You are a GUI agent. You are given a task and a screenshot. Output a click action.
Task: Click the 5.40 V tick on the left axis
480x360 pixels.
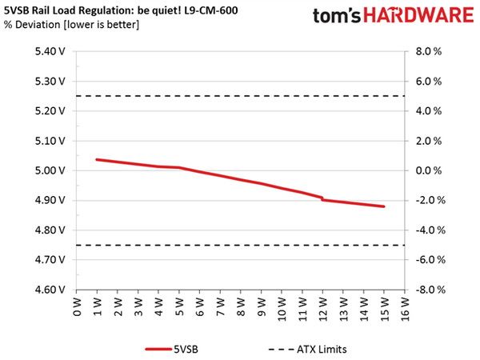pyautogui.click(x=50, y=51)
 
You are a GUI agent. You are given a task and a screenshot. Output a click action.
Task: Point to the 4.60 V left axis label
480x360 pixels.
pyautogui.click(x=50, y=290)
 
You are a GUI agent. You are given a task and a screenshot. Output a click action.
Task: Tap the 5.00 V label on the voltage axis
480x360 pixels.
pyautogui.click(x=50, y=170)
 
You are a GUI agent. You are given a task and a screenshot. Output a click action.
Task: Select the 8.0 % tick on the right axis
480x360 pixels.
pyautogui.click(x=429, y=51)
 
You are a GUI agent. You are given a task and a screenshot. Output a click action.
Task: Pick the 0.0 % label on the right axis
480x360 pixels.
pyautogui.click(x=429, y=170)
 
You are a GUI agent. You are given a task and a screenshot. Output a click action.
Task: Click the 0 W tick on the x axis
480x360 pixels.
pyautogui.click(x=77, y=306)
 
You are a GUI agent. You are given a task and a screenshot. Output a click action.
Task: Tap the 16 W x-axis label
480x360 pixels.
pyautogui.click(x=405, y=309)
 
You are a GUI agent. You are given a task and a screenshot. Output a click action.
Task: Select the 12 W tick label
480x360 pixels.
pyautogui.click(x=322, y=309)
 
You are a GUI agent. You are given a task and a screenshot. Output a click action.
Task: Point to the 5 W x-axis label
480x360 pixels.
pyautogui.click(x=179, y=306)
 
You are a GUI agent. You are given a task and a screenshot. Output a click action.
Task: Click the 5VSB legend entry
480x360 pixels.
pyautogui.click(x=172, y=350)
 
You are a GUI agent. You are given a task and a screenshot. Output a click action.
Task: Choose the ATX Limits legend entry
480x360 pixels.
pyautogui.click(x=308, y=350)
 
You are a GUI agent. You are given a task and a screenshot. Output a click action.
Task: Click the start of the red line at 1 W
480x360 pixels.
pyautogui.click(x=97, y=159)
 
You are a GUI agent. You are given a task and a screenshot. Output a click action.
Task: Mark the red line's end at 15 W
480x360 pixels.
pyautogui.click(x=384, y=206)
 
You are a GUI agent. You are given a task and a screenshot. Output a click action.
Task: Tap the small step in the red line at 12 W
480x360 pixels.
pyautogui.click(x=322, y=198)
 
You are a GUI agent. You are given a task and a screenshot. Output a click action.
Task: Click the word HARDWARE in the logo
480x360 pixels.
pyautogui.click(x=418, y=15)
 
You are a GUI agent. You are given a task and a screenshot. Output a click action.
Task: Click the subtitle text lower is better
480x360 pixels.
pyautogui.click(x=102, y=25)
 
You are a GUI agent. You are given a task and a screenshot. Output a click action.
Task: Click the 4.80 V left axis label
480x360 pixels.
pyautogui.click(x=50, y=230)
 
